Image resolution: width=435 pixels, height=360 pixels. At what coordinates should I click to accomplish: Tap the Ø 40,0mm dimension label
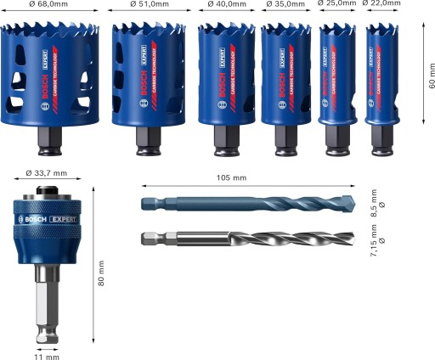[225, 4]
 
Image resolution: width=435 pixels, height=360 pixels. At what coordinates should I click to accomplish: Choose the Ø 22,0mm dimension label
[381, 4]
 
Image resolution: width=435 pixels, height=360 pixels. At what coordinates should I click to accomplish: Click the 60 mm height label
[431, 74]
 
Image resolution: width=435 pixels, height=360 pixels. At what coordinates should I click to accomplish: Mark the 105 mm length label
[232, 178]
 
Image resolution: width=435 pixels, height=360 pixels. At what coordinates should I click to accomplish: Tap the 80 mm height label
[102, 272]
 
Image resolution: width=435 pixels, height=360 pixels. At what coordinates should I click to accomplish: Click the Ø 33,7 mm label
[46, 173]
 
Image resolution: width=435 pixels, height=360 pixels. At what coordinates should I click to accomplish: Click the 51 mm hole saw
[142, 76]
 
